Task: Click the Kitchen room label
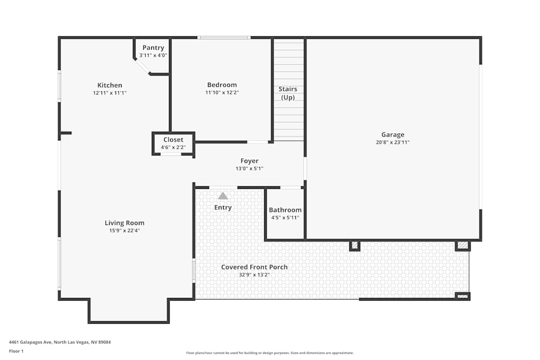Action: pos(110,85)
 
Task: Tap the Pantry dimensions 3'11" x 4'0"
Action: pos(153,56)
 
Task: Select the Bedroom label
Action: pos(222,85)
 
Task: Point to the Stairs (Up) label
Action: pos(288,93)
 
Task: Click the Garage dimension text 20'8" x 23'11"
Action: pos(393,142)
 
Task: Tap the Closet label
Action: pos(173,140)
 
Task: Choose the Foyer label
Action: pos(249,161)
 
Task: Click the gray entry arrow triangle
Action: pos(223,196)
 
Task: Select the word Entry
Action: pos(223,207)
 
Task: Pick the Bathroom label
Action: pos(285,210)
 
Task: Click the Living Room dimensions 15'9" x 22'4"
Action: pos(124,230)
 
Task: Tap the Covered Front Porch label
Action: pos(254,267)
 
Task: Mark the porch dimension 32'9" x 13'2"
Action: pos(254,275)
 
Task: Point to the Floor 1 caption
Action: pos(16,351)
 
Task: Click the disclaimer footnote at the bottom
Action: pos(270,353)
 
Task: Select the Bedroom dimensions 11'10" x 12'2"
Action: pos(222,92)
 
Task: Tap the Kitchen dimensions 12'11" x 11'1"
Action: pos(110,93)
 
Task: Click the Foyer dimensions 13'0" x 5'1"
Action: pos(249,168)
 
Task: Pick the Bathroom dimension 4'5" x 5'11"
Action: pos(285,218)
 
